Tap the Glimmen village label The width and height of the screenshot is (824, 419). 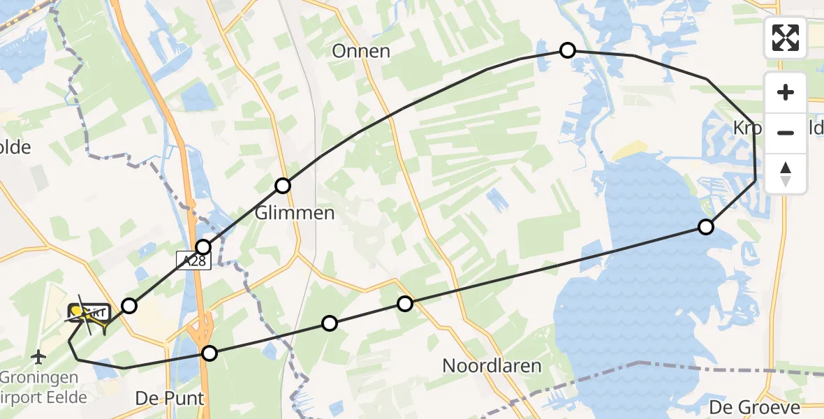point(295,213)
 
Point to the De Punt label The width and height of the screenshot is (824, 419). point(170,399)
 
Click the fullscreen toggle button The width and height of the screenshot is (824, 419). point(786,38)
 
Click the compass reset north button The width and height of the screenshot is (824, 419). point(786,173)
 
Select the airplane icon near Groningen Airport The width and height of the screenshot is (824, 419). point(39,358)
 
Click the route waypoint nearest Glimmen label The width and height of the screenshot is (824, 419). point(283,186)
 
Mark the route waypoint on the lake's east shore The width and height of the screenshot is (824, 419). point(706,227)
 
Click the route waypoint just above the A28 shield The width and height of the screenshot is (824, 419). point(203,247)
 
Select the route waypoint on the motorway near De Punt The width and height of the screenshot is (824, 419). point(209,353)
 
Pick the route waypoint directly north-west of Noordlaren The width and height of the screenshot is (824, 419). point(405,304)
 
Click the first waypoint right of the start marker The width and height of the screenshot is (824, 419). point(129,305)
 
